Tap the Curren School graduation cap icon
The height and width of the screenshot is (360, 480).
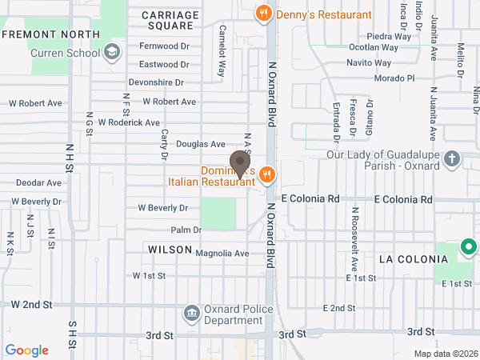point(112,53)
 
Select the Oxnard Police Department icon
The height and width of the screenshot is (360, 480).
point(192,312)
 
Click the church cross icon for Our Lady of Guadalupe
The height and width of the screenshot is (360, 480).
point(452,158)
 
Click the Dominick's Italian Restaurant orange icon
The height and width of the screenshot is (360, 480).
point(268,174)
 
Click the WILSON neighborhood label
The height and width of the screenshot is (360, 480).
point(167,250)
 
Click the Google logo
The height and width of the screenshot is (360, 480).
point(27,350)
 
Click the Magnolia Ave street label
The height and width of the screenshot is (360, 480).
point(222,253)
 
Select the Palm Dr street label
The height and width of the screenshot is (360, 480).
point(186,230)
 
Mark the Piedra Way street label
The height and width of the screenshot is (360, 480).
point(389,37)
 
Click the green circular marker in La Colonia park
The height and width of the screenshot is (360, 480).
point(468,250)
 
